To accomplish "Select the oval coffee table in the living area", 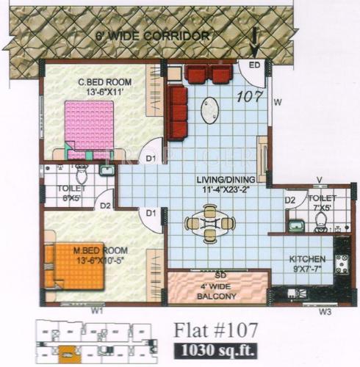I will click(x=209, y=110).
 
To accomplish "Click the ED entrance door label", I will click(x=255, y=65).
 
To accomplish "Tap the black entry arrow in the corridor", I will click(x=254, y=42).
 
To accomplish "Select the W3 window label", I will click(x=326, y=311).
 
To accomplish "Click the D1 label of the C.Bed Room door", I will click(x=151, y=158).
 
